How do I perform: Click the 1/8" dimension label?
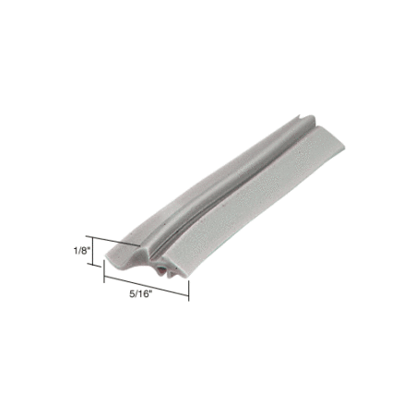81,251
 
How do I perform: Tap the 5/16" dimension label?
141,294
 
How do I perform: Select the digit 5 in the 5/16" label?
132,294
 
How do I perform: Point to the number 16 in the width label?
144,294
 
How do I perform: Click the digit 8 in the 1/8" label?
84,251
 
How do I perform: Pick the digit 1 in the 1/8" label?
76,251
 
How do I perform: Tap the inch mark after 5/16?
151,292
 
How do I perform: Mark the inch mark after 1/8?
89,249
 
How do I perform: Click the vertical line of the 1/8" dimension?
93,251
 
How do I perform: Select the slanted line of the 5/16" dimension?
147,286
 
